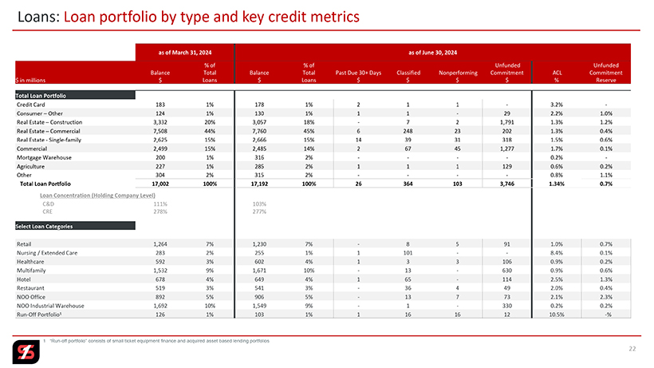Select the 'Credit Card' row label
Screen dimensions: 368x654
pos(31,105)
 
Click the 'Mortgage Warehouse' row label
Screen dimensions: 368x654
pos(42,158)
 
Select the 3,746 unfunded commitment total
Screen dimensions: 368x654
pos(507,184)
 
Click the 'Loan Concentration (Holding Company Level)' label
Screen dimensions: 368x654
pos(97,195)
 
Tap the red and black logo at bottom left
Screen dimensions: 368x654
pos(22,350)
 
